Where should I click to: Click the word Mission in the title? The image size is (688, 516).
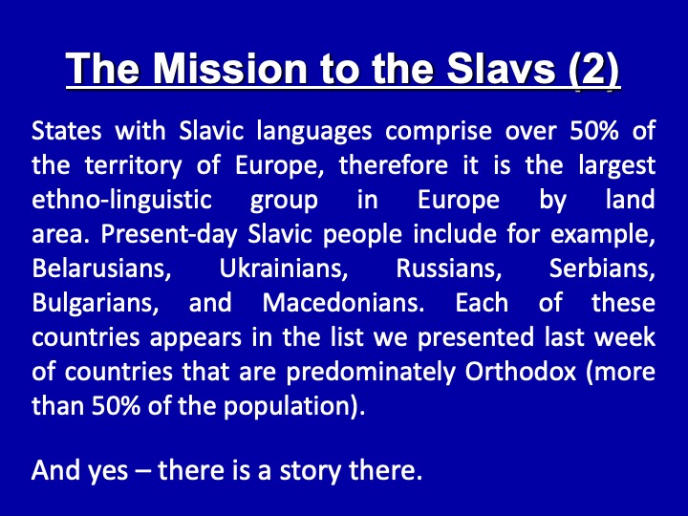click(x=230, y=69)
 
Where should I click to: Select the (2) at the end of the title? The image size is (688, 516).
click(x=593, y=70)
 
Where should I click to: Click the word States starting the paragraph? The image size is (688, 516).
click(x=67, y=131)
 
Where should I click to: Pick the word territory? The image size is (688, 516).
click(x=133, y=166)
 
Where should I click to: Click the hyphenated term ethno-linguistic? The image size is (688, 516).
click(x=122, y=201)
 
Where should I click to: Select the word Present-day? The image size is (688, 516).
click(x=169, y=235)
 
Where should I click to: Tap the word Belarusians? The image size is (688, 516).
click(x=102, y=269)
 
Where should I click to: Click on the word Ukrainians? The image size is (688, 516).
click(x=284, y=269)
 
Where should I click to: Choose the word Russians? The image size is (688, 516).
click(x=449, y=269)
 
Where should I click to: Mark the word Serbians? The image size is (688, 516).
click(x=602, y=269)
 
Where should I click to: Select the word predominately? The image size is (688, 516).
click(x=371, y=373)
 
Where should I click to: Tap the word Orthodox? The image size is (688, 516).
click(x=521, y=372)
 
